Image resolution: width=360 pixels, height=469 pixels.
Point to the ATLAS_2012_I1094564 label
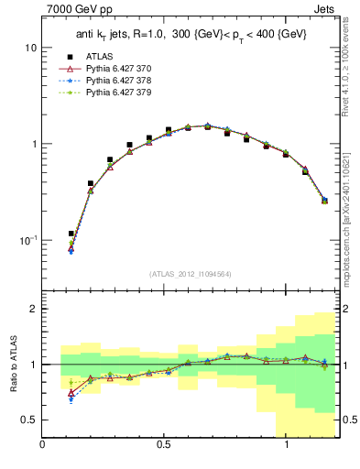click(x=191, y=273)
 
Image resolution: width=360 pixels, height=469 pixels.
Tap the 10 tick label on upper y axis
click(x=30, y=47)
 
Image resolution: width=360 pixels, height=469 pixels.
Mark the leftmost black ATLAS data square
click(x=71, y=234)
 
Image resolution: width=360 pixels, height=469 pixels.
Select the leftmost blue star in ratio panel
click(x=71, y=399)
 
